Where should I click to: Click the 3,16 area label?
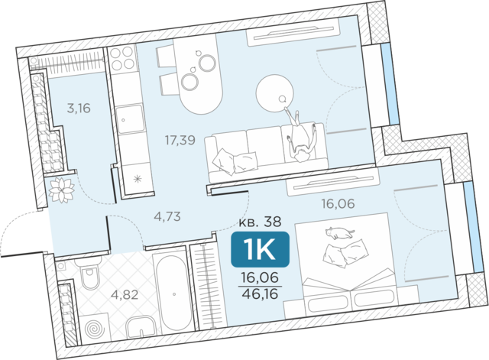tap(79, 109)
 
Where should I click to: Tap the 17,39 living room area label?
tap(180, 141)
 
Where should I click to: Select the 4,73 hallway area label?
tap(167, 216)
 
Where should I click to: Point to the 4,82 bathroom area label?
tap(125, 294)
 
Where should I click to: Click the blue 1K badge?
tap(260, 250)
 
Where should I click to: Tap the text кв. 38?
tap(260, 222)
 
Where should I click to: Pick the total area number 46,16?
tap(260, 294)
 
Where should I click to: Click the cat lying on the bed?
tap(339, 233)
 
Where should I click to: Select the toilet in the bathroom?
tap(90, 274)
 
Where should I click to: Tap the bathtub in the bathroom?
tap(173, 294)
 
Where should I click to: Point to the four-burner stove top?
tap(122, 58)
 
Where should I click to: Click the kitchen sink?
tap(131, 119)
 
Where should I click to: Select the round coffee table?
tap(274, 93)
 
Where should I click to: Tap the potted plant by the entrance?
tap(62, 190)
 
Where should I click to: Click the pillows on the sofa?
tap(235, 161)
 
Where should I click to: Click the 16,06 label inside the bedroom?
tap(338, 204)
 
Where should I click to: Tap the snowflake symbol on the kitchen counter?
tap(138, 179)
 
